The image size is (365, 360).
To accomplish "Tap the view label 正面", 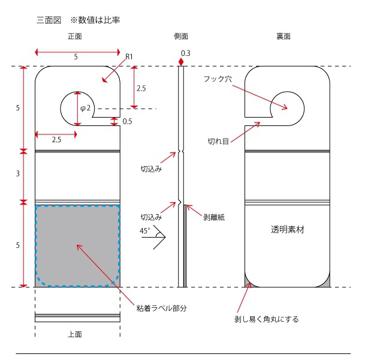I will click(x=75, y=37).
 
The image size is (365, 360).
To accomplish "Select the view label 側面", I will click(x=182, y=37).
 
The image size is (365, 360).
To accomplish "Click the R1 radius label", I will click(x=129, y=56).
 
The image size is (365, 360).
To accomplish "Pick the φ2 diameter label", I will click(x=86, y=108).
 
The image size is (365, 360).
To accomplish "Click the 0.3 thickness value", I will click(x=185, y=53).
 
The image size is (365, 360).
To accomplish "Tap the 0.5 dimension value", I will click(x=128, y=122).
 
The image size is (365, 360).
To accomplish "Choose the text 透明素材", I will click(x=287, y=230).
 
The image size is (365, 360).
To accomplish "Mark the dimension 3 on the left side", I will click(x=17, y=175).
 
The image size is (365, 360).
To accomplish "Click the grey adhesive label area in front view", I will click(x=77, y=246).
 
